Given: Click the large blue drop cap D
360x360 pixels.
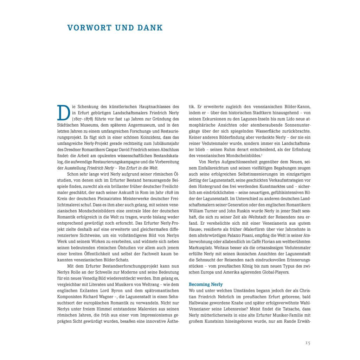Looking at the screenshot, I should pyautogui.click(x=62, y=112).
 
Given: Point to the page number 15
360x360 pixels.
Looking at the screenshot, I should pyautogui.click(x=307, y=343).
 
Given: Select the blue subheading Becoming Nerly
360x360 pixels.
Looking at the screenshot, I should pyautogui.click(x=206, y=284).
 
